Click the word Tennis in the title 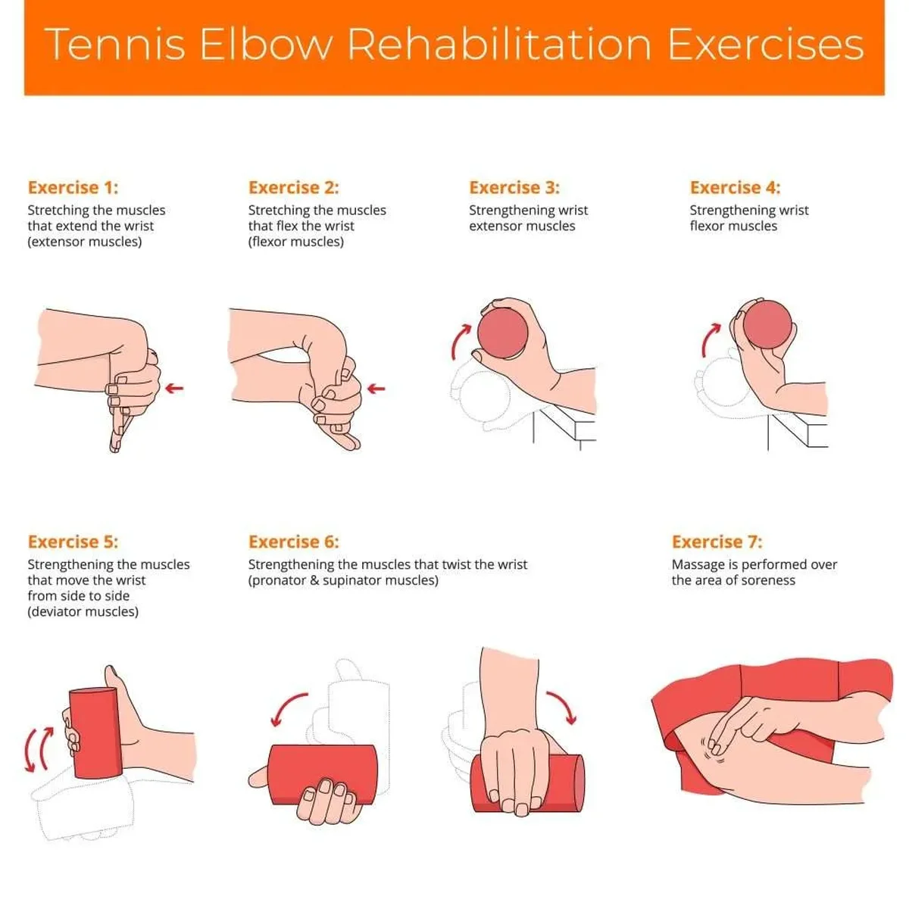(x=115, y=44)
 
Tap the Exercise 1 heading (x=73, y=187)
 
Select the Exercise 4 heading (x=734, y=187)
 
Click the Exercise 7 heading (x=717, y=542)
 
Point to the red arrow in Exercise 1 (x=174, y=389)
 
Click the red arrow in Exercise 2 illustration (x=376, y=389)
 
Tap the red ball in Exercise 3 (x=503, y=332)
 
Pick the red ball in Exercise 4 (x=767, y=324)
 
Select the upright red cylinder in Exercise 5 (x=95, y=733)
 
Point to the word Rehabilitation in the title (x=499, y=44)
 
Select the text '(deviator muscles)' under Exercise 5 (x=83, y=611)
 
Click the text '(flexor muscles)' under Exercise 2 (x=295, y=242)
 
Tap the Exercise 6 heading (x=293, y=542)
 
